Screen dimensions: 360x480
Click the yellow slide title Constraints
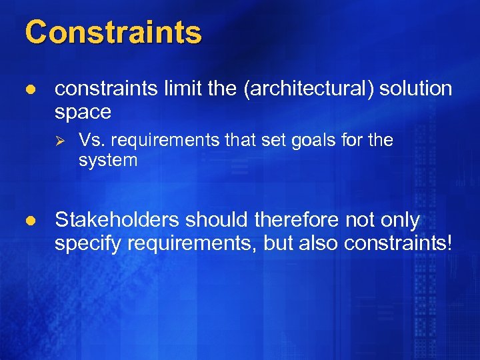113,32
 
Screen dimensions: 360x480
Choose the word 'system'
108,161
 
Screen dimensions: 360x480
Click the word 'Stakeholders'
117,220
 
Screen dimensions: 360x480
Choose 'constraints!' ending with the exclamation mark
398,243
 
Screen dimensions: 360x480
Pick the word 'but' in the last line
277,243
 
